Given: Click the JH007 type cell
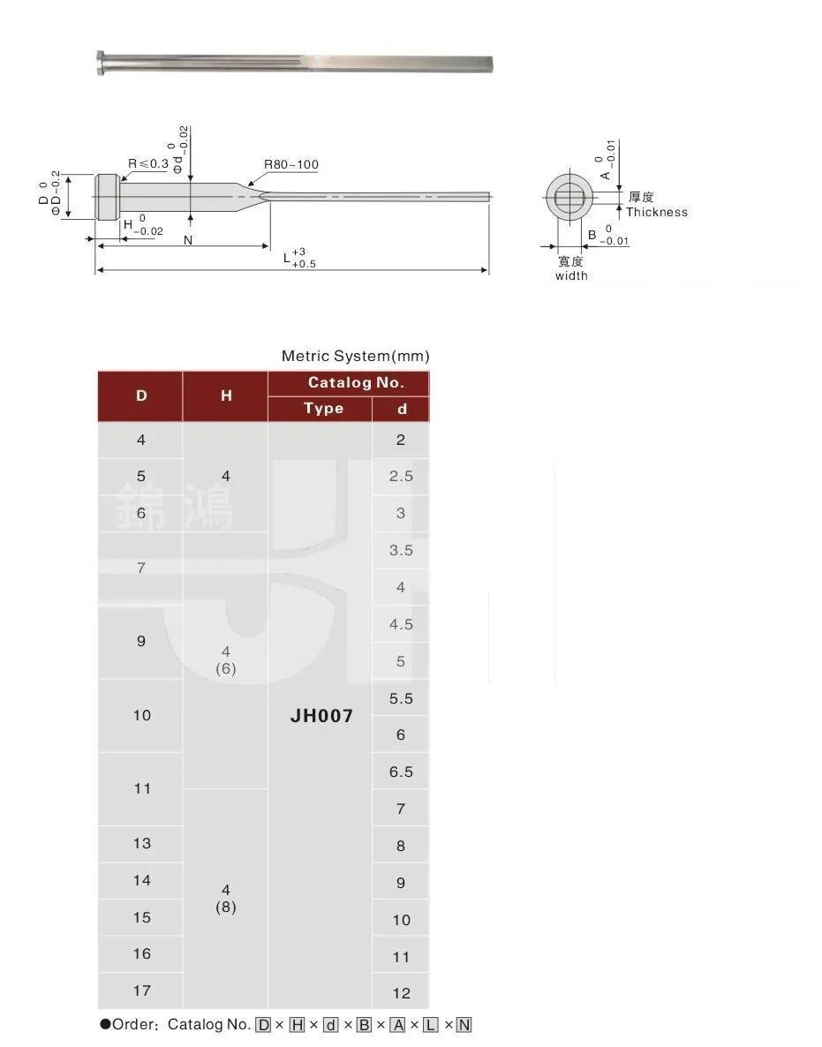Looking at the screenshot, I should click(321, 715).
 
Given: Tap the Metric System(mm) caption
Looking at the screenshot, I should click(355, 356).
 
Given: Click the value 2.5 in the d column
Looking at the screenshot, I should click(401, 476).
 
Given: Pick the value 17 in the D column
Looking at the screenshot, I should click(141, 991).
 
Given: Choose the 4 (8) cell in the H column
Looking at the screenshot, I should click(226, 899).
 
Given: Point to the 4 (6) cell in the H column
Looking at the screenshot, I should click(226, 659).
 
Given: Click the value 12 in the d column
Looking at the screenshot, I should click(401, 993).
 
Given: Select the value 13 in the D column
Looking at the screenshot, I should click(141, 843).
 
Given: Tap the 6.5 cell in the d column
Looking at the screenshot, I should click(401, 772).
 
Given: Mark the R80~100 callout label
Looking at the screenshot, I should click(290, 165).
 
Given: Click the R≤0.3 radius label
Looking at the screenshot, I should click(147, 163).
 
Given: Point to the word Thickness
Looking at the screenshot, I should click(656, 212).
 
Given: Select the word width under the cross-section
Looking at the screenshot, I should click(570, 275).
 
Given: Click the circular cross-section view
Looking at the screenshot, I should click(569, 197).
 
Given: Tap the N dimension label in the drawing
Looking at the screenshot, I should click(187, 239).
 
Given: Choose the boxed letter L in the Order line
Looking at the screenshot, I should click(430, 1025).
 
